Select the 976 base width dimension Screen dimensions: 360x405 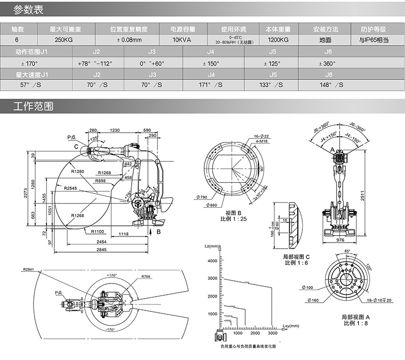[x=340, y=242]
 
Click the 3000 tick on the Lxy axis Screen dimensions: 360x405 [x=272, y=334]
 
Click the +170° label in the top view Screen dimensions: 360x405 [x=112, y=275]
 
